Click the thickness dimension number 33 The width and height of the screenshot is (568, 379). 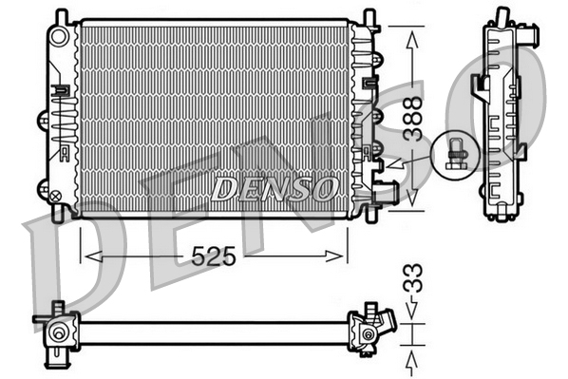pyautogui.click(x=411, y=282)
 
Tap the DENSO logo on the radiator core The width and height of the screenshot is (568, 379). pyautogui.click(x=274, y=187)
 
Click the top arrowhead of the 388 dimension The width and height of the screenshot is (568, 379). pyautogui.click(x=411, y=38)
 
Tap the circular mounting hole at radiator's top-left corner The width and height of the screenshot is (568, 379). pyautogui.click(x=59, y=35)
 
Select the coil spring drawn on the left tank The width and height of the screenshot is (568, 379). pyautogui.click(x=61, y=123)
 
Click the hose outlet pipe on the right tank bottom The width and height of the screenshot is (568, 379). pyautogui.click(x=386, y=195)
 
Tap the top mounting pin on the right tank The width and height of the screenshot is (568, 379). pyautogui.click(x=369, y=17)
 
